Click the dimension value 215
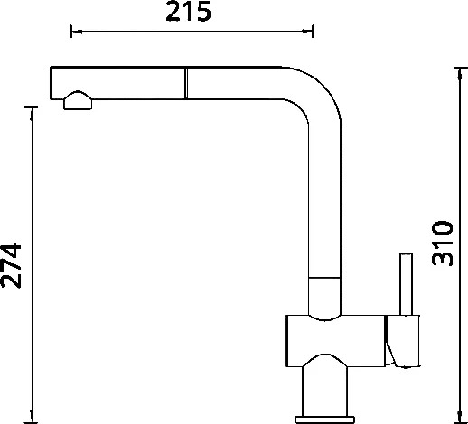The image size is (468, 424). point(188,12)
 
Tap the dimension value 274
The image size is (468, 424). point(11,265)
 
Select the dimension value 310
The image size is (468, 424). point(442,244)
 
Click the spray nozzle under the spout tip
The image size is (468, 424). point(78,100)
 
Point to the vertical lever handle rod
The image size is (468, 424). point(406,284)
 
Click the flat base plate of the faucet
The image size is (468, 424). point(325,419)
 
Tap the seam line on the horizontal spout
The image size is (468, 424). point(186,83)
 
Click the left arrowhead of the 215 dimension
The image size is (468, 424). point(76,31)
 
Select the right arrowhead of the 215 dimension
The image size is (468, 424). point(307,31)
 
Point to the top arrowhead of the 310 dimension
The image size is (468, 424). point(459,74)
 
